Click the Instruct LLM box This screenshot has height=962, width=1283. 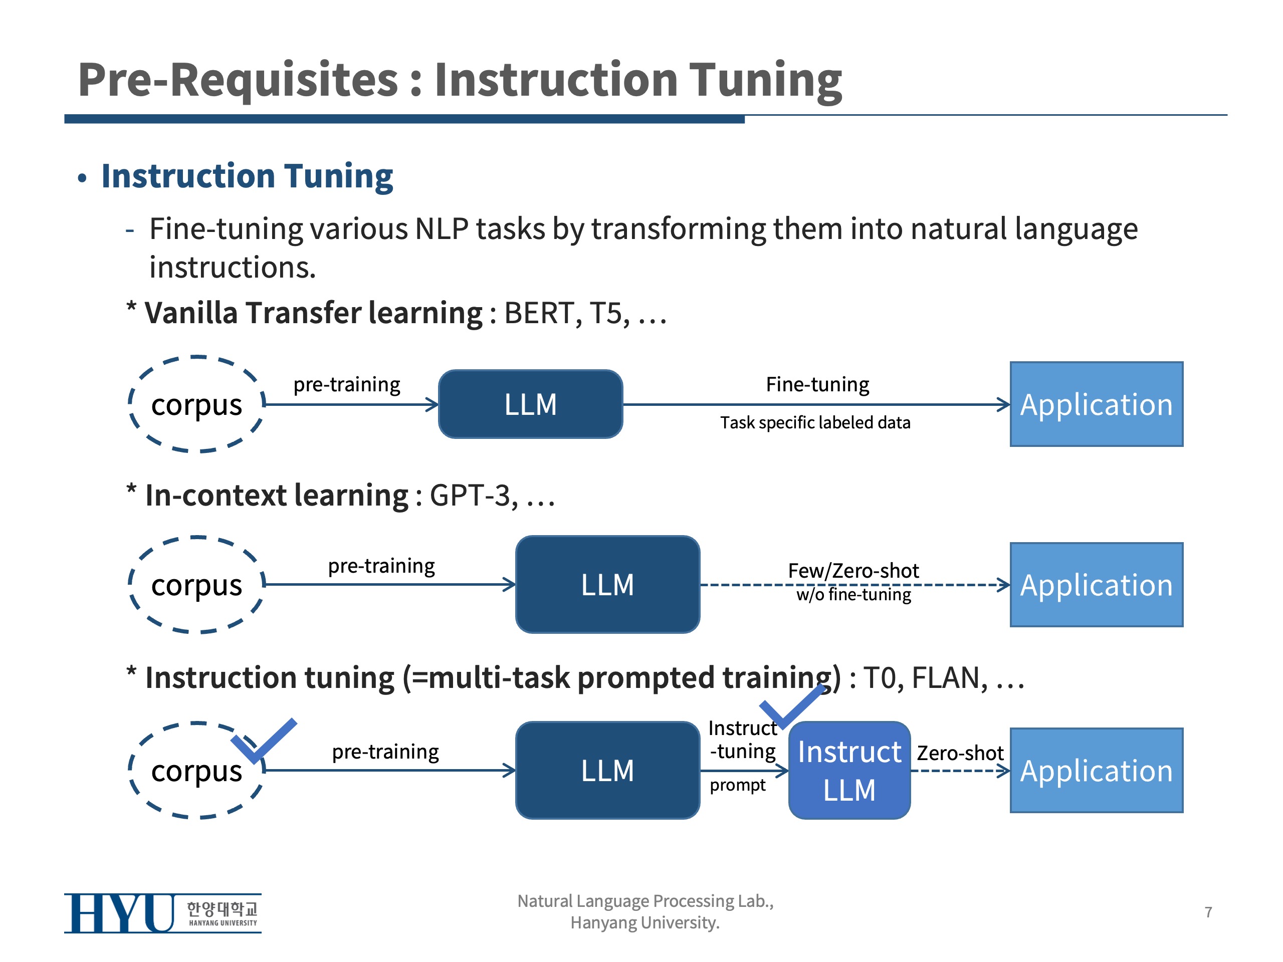pyautogui.click(x=849, y=770)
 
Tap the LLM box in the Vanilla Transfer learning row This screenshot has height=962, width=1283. pyautogui.click(x=530, y=404)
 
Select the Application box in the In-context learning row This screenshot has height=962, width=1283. pyautogui.click(x=1096, y=585)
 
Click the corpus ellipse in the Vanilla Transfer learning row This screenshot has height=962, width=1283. pyautogui.click(x=196, y=404)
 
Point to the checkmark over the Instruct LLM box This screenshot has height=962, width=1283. pyautogui.click(x=790, y=705)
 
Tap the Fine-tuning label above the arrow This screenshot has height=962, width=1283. pyautogui.click(x=817, y=384)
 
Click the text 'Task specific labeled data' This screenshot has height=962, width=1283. pyautogui.click(x=815, y=423)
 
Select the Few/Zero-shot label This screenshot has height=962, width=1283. pyautogui.click(x=853, y=571)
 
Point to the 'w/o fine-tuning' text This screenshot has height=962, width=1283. pyautogui.click(x=853, y=595)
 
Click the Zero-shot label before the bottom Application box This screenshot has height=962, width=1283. pyautogui.click(x=960, y=753)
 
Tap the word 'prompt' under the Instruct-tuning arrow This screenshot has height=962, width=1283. pyautogui.click(x=737, y=785)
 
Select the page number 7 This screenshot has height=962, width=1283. pyautogui.click(x=1208, y=912)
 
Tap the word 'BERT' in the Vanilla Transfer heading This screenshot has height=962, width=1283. pyautogui.click(x=539, y=313)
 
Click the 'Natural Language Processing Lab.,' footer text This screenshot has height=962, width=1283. pyautogui.click(x=645, y=900)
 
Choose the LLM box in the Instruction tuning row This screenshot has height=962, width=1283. pyautogui.click(x=607, y=770)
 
